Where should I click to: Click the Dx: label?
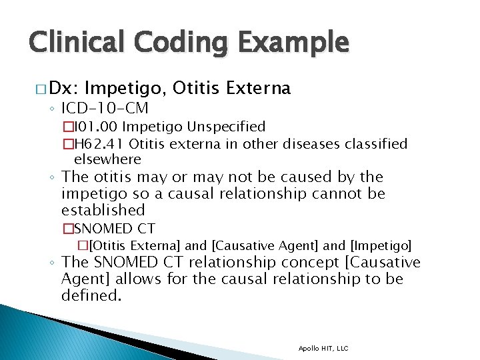pos(64,88)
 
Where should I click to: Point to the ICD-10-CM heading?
pos(105,108)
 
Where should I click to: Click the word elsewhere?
pos(107,159)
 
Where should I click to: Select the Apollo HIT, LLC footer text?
pos(323,348)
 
